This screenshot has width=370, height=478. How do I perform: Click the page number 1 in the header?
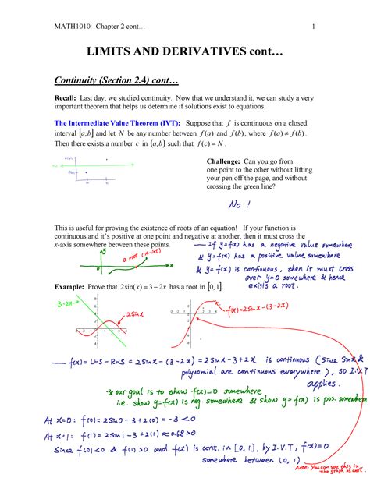point(313,29)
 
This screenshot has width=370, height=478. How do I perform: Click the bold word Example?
point(70,286)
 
